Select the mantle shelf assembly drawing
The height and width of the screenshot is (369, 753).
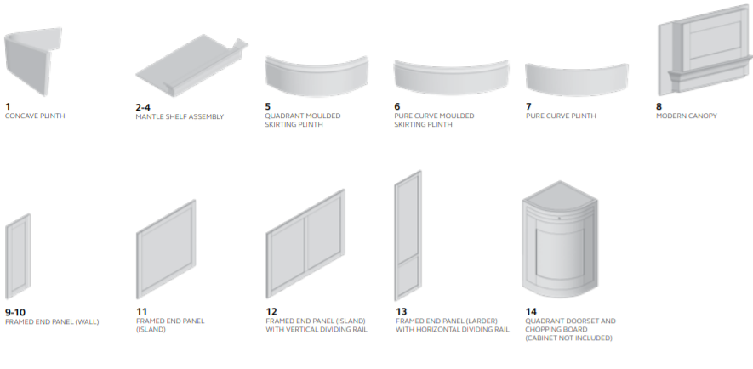tap(191, 65)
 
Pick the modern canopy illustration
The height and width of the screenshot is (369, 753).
tap(705, 50)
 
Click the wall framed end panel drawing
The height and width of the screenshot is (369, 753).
tap(18, 257)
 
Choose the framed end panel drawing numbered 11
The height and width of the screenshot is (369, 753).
tap(166, 249)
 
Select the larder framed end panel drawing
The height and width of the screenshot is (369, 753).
tap(408, 236)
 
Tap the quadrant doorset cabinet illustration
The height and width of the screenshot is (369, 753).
tap(560, 240)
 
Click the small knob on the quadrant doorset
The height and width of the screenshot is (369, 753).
tap(559, 219)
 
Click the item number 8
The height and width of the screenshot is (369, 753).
tap(659, 106)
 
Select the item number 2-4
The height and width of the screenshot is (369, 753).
tap(143, 107)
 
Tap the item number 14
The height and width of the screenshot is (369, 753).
tap(531, 311)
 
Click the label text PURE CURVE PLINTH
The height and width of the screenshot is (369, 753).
tap(561, 116)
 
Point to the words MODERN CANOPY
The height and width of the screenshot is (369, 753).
tap(687, 116)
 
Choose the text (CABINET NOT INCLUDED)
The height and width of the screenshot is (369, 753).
tap(568, 338)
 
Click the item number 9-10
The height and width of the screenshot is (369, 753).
tap(14, 312)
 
